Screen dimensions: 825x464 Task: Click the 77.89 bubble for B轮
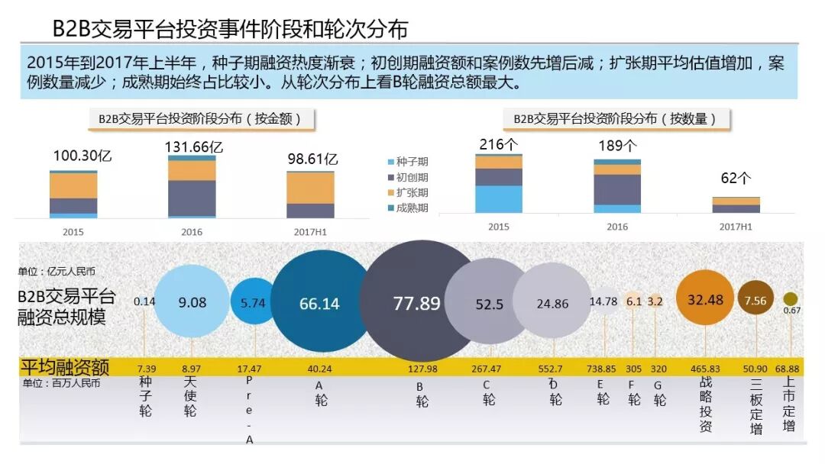417,301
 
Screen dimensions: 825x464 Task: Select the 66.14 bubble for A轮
320,301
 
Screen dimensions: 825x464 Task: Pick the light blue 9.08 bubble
192,301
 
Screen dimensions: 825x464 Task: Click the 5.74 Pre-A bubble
253,301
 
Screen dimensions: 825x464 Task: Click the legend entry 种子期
408,161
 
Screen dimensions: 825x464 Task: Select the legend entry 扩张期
408,192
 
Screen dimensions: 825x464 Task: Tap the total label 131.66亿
193,147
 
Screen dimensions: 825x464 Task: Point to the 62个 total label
736,178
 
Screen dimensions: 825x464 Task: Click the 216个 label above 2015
498,144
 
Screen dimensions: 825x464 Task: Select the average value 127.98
422,369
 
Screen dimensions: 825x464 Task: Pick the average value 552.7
550,369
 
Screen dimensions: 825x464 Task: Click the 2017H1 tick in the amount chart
310,232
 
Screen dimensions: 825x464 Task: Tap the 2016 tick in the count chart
617,227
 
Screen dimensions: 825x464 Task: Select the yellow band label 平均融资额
65,367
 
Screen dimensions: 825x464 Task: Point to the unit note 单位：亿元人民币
57,271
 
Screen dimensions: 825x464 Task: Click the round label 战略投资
706,404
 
